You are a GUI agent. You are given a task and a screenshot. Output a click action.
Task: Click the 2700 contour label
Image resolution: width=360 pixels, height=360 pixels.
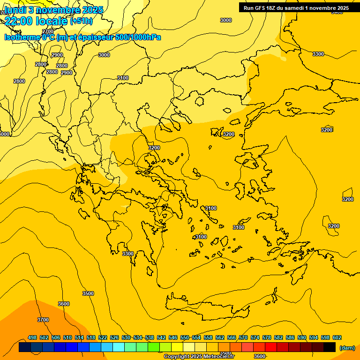[x=48, y=32]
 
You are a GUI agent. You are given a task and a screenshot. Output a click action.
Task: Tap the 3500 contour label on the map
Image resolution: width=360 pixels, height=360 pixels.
[x=88, y=293]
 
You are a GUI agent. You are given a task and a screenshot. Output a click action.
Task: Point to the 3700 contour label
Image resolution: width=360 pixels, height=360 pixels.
[x=43, y=320]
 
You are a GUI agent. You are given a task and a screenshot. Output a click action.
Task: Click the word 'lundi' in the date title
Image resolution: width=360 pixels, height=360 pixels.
[x=15, y=9]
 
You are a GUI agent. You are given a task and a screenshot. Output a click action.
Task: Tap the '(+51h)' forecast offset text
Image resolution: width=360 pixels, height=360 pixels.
[x=81, y=21]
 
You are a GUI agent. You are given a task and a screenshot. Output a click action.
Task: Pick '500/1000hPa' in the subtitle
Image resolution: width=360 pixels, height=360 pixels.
[x=138, y=37]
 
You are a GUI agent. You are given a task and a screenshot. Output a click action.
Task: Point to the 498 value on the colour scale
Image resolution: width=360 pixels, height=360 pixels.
[x=32, y=337]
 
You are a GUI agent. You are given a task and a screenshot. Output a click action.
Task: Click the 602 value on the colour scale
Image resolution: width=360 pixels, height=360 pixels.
[x=337, y=337]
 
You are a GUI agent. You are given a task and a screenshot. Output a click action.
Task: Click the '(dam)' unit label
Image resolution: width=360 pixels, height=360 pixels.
[x=347, y=348]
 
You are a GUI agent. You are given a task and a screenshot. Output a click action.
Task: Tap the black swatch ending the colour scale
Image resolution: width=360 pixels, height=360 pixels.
[x=330, y=347]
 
